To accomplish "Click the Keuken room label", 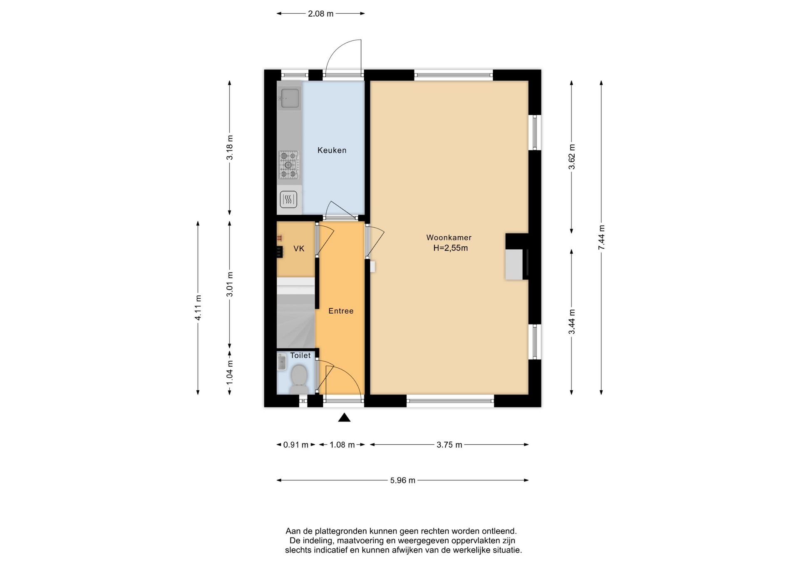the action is pyautogui.click(x=332, y=150).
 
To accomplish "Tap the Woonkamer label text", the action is pyautogui.click(x=449, y=238).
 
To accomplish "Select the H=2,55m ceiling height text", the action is pyautogui.click(x=450, y=248).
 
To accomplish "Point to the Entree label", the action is pyautogui.click(x=341, y=311).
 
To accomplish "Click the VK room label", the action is pyautogui.click(x=299, y=248).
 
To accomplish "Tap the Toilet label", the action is pyautogui.click(x=300, y=355).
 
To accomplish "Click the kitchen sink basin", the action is pyautogui.click(x=290, y=98).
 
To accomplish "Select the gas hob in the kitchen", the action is pyautogui.click(x=288, y=165).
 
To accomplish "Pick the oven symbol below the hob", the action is pyautogui.click(x=289, y=200).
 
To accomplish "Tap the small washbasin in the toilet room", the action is pyautogui.click(x=282, y=362).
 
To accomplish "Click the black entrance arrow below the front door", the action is pyautogui.click(x=344, y=417).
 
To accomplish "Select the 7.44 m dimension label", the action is pyautogui.click(x=601, y=238).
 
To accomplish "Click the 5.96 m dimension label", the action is pyautogui.click(x=402, y=480).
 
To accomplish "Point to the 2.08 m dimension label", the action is pyautogui.click(x=320, y=14).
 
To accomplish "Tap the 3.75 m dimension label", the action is pyautogui.click(x=449, y=445).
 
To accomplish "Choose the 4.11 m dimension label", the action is pyautogui.click(x=198, y=308).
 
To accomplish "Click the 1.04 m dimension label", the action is pyautogui.click(x=230, y=372).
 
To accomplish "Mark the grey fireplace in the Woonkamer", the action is pyautogui.click(x=514, y=264).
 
